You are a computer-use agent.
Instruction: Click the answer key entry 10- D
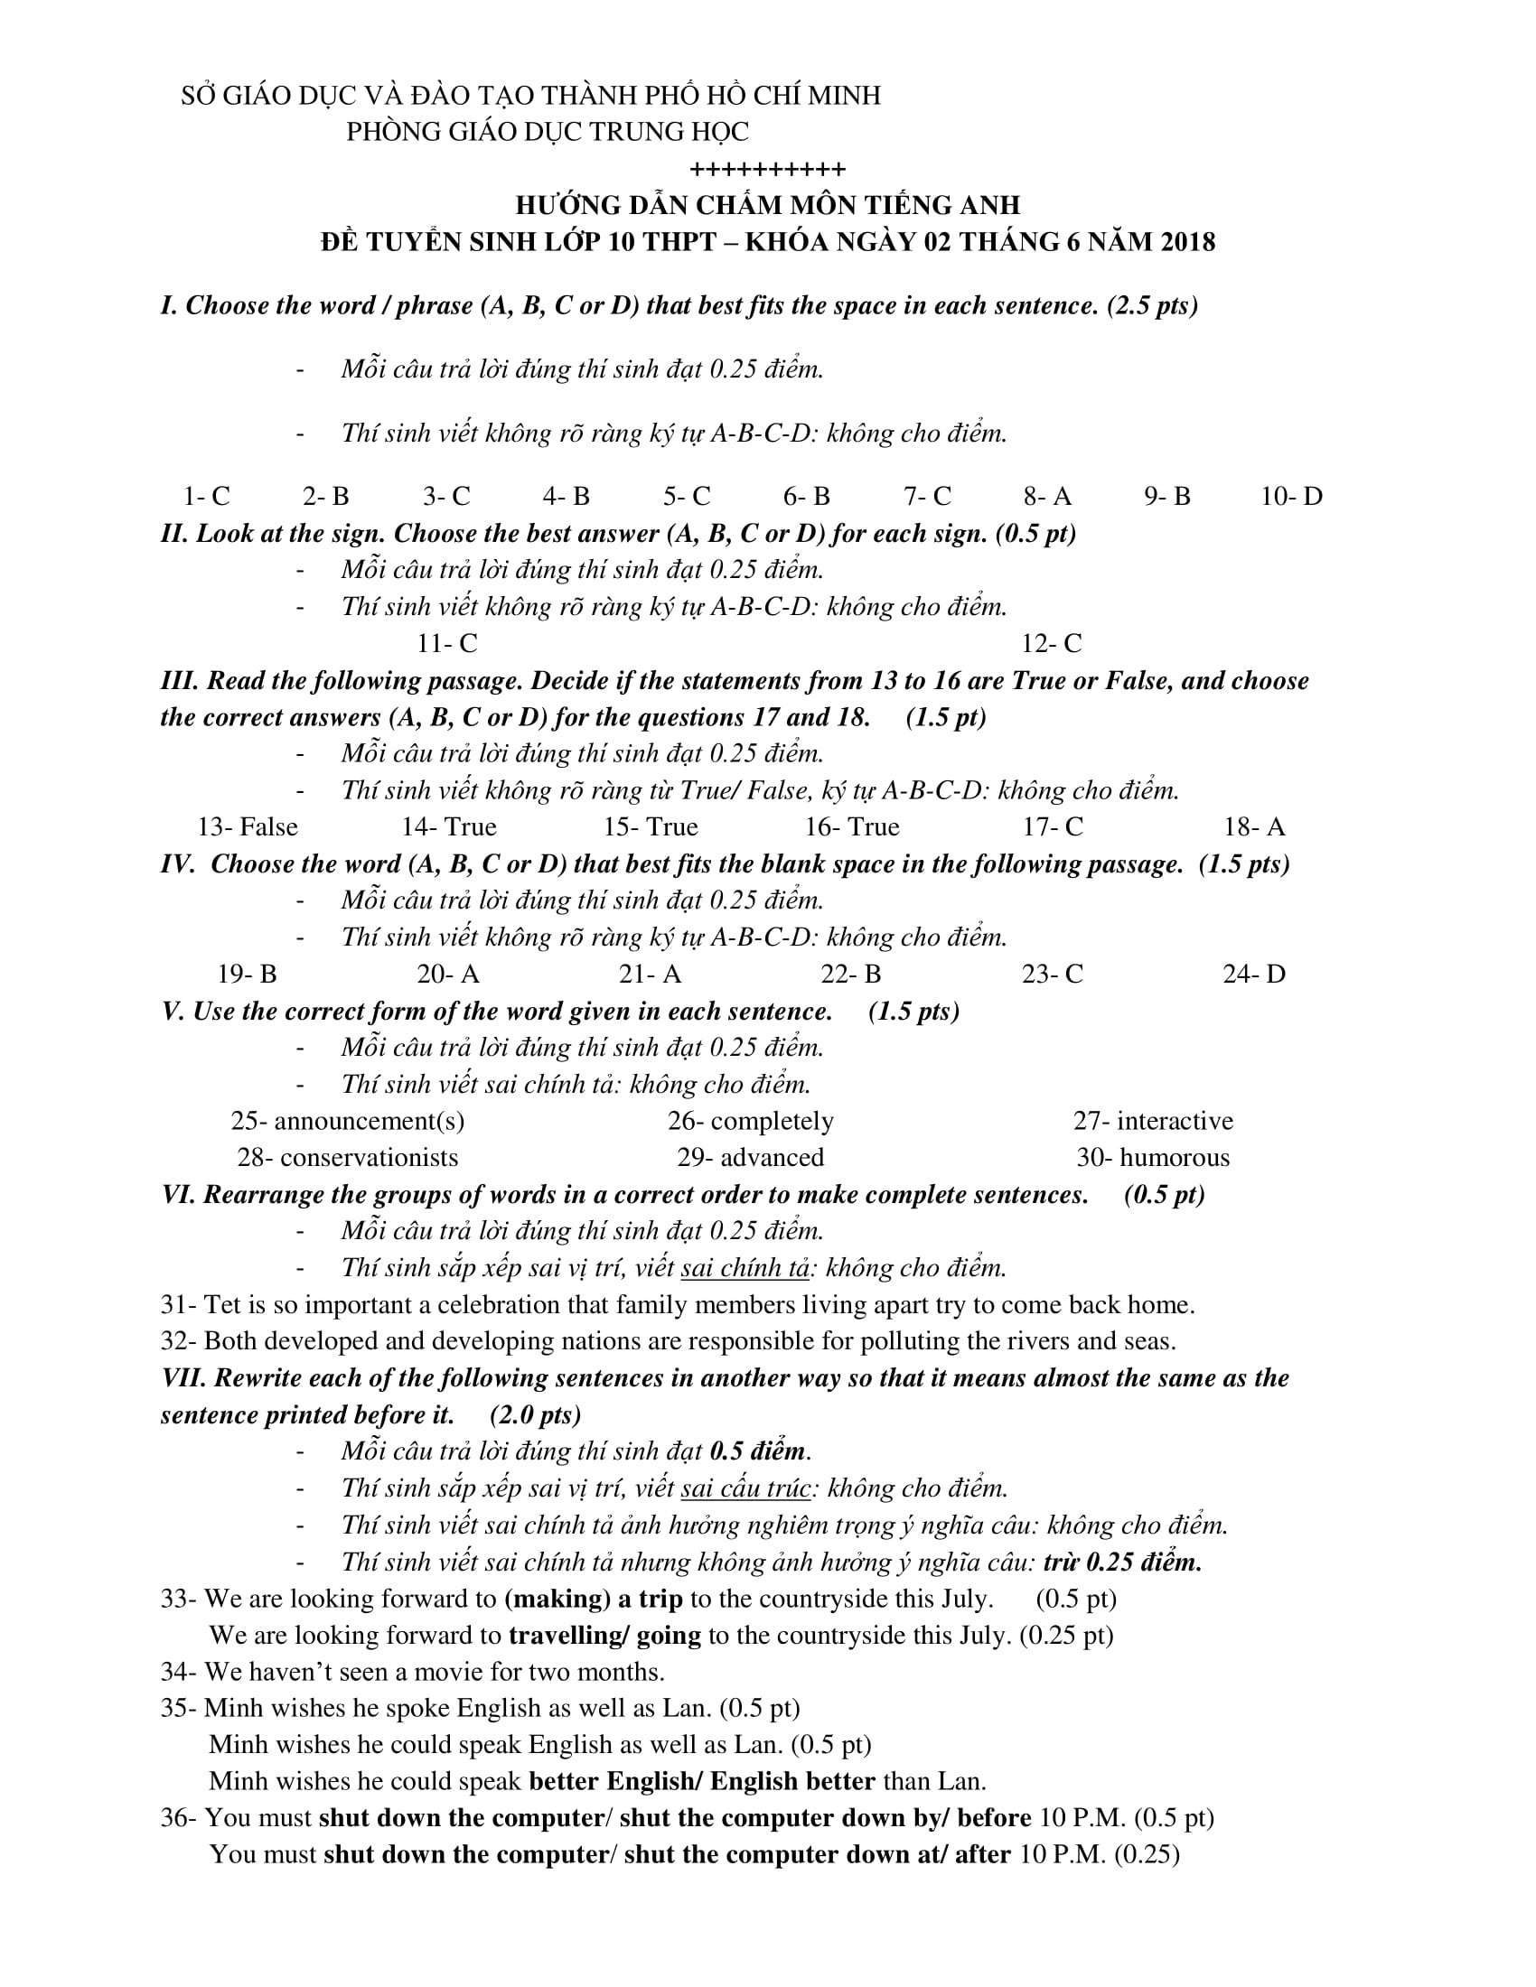point(1291,496)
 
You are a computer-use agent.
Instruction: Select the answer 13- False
point(248,826)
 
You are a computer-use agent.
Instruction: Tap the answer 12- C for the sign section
point(1051,643)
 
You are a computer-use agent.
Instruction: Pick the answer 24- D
point(1254,974)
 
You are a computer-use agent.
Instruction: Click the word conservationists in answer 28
point(369,1157)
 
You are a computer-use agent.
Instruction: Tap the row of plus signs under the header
point(767,169)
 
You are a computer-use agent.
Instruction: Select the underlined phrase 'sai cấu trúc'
point(745,1488)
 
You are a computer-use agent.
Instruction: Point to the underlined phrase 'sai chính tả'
point(744,1267)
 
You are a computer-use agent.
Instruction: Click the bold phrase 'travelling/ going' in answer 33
point(604,1635)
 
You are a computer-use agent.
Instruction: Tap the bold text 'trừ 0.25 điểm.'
point(1122,1562)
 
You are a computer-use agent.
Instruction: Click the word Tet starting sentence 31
point(222,1305)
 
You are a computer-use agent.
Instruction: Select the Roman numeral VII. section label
point(183,1377)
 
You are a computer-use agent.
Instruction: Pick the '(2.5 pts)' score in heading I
point(1152,305)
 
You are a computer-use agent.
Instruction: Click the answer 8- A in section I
point(1047,496)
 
